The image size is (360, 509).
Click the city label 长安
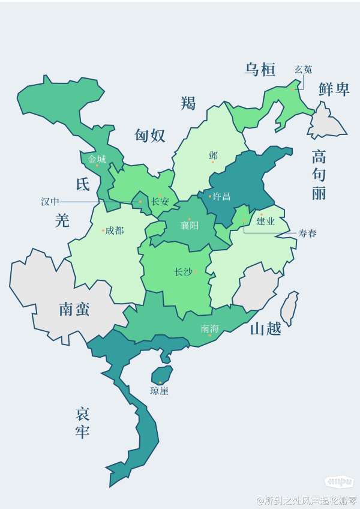tap(160, 202)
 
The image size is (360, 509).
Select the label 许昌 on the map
tap(221, 196)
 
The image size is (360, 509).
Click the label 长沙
tap(183, 272)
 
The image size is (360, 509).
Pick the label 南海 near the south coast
tap(210, 329)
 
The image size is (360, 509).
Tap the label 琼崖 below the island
tap(160, 391)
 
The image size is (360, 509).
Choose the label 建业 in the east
tap(265, 221)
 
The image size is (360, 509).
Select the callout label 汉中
tap(50, 202)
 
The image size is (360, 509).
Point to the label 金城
tap(97, 160)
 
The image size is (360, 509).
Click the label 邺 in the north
tap(213, 155)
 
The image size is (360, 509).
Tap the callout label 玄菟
tap(303, 70)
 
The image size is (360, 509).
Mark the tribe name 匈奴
tap(150, 136)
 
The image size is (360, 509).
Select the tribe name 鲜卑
tap(334, 90)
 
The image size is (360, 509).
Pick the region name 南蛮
tap(74, 309)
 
